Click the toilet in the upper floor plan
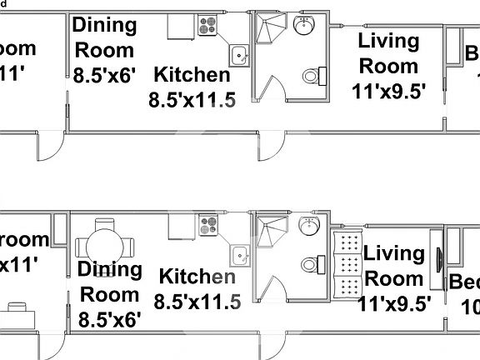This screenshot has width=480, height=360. click(x=311, y=76)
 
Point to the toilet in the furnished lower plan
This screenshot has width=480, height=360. click(x=311, y=263)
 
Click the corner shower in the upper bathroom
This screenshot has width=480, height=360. click(x=267, y=31)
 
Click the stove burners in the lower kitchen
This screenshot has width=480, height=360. click(x=207, y=225)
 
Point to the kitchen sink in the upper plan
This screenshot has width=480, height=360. click(x=239, y=55)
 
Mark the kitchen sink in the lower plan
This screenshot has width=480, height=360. click(x=239, y=254)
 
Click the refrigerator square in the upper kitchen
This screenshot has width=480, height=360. click(x=181, y=27)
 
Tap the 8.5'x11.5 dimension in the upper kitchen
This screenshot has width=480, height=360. click(x=192, y=100)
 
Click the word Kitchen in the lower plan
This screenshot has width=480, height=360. click(x=197, y=276)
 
